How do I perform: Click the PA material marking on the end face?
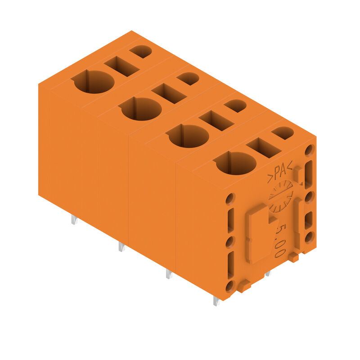pos(280,172)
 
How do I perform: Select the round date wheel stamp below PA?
pos(281,197)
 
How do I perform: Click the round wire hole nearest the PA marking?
pos(236,163)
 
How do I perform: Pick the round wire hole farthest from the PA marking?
pos(94,82)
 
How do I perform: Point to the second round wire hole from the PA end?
pos(189,136)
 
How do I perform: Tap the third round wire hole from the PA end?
pos(141,109)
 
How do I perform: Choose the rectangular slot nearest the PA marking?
pos(264,147)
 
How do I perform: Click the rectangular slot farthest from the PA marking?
pos(121,66)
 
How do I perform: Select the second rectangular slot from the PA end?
pos(216,120)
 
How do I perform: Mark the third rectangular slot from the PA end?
pos(169,93)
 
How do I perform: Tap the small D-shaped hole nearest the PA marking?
pos(283,133)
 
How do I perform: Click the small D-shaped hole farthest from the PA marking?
pos(141,51)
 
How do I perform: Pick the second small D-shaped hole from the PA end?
pos(235,106)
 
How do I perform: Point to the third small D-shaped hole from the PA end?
pos(188,79)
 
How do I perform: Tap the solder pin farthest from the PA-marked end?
pos(74,220)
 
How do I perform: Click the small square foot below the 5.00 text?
pos(293,257)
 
